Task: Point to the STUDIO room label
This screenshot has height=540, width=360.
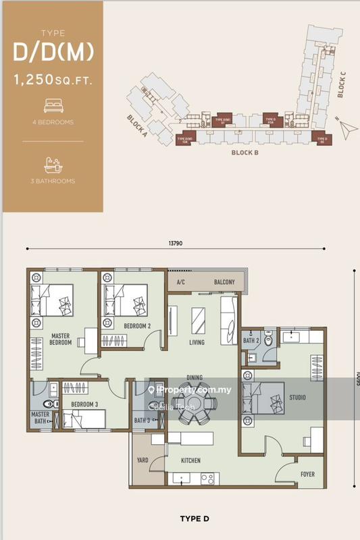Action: click(x=297, y=398)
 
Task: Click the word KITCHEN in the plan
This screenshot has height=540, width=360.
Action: click(x=191, y=460)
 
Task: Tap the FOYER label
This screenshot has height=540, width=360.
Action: click(x=308, y=475)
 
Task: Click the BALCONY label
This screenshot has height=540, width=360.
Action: click(x=224, y=282)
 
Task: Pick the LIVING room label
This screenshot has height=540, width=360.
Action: click(x=197, y=342)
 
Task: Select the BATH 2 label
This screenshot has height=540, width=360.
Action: click(x=251, y=341)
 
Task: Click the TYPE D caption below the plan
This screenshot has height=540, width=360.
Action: click(x=196, y=519)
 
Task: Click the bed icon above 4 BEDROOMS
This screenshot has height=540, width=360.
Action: click(x=52, y=105)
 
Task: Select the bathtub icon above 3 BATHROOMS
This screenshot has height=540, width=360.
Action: click(x=52, y=164)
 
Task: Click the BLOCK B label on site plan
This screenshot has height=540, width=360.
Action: click(x=246, y=153)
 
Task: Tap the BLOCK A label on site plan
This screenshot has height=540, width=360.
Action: click(x=137, y=126)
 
